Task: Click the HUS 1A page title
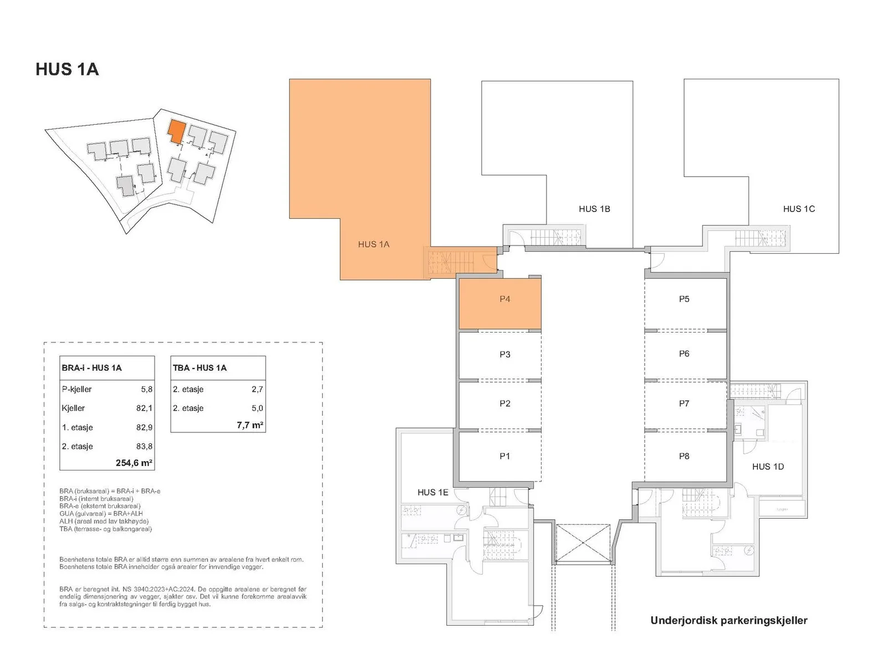(x=67, y=69)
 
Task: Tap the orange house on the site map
(x=177, y=130)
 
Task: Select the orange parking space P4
(x=500, y=304)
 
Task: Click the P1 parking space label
(x=504, y=456)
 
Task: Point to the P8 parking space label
(x=684, y=456)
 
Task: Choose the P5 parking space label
(x=684, y=299)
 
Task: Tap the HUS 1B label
(x=594, y=209)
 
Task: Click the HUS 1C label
(x=799, y=209)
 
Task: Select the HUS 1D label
(x=768, y=467)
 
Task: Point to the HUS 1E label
(x=433, y=492)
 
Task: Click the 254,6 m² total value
(x=134, y=463)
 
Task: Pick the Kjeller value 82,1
(x=144, y=408)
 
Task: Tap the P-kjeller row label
(x=77, y=389)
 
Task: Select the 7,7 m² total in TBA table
(x=250, y=424)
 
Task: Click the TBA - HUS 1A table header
(x=200, y=368)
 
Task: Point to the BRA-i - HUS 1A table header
(x=91, y=368)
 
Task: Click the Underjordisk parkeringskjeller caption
(x=729, y=621)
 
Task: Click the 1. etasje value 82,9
(x=144, y=427)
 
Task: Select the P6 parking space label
(x=684, y=354)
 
